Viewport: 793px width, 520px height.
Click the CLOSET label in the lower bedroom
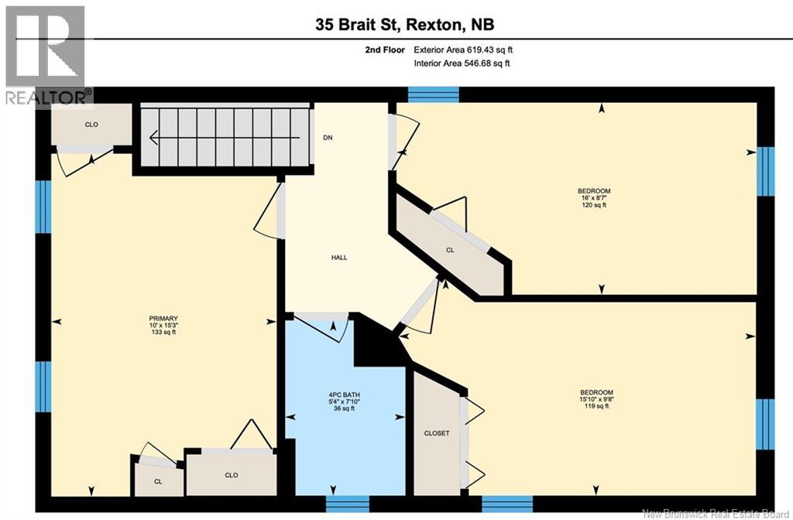[436, 433]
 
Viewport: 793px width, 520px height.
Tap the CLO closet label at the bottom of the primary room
[231, 475]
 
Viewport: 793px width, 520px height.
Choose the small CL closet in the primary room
[158, 482]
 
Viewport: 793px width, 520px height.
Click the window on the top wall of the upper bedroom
[433, 94]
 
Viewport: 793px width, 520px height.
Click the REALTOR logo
[46, 54]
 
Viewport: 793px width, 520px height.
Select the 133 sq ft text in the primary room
[163, 333]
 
